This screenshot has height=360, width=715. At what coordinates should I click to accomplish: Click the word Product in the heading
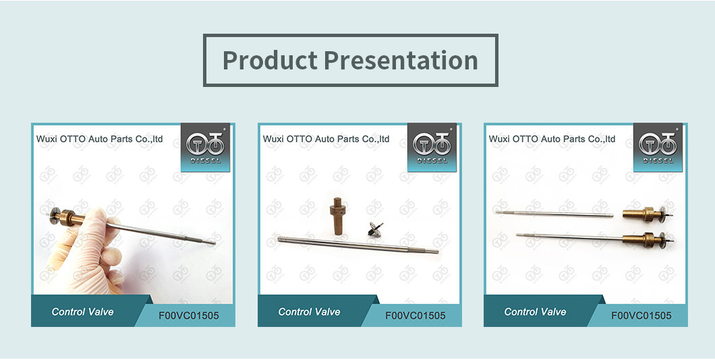pos(270,61)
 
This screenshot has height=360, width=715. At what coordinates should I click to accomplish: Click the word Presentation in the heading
pos(401,61)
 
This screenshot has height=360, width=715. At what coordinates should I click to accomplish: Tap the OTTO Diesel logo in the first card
pos(205,147)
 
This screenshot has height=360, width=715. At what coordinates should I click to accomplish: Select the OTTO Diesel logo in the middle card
pos(432,147)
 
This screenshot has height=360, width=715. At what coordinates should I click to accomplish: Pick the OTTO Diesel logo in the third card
pos(658,147)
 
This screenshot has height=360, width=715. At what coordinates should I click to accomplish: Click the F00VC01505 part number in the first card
pos(189,316)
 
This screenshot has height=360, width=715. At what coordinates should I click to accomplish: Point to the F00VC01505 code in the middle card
pos(416,316)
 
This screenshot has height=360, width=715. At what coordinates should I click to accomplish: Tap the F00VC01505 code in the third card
pos(641,316)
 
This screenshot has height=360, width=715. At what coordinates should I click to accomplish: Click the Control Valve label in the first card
pos(82,311)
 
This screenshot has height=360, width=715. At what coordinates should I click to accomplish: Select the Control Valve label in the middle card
pos(309,311)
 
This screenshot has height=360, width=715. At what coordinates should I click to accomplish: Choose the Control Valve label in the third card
pos(535,311)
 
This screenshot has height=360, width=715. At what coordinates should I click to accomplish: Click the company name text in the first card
pos(99,139)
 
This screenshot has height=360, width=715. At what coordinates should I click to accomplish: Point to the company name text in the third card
pos(552,139)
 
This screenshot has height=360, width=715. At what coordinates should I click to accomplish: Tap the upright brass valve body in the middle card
pos(338,216)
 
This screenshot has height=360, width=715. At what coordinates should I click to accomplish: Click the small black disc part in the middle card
pos(376,229)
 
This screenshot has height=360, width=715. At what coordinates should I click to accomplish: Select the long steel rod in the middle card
pos(358,245)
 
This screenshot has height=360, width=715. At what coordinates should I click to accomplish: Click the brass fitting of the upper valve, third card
pos(642,213)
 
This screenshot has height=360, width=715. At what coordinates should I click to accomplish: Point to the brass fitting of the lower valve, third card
pos(642,239)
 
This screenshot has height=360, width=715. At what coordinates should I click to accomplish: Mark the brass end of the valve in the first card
pos(68,216)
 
